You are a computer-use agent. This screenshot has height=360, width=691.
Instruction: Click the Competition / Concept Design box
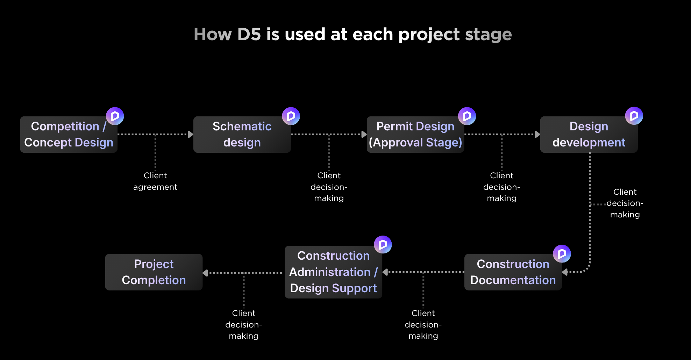coord(69,135)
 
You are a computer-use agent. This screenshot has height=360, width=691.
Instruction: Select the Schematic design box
coord(242,135)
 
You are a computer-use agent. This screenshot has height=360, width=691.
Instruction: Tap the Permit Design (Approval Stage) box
coord(415,135)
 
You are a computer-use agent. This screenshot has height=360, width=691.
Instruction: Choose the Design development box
coord(589,135)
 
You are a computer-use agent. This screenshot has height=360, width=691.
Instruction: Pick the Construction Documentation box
coord(513,272)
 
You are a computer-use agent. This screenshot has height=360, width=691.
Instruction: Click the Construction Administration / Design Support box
coord(333,272)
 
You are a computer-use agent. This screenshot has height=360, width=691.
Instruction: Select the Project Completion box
coord(154,272)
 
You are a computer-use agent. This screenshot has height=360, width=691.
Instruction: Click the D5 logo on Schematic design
coord(291,116)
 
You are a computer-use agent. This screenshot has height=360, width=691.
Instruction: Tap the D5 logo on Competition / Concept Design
coord(115,116)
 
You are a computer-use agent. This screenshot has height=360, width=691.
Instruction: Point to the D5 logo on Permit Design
coord(467,116)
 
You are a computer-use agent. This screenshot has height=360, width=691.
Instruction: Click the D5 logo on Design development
coord(634,116)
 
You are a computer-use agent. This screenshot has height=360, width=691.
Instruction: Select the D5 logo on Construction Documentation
coord(562,253)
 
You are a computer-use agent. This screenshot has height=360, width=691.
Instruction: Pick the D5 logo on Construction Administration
coord(383,244)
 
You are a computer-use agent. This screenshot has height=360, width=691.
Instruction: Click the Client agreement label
coord(155,181)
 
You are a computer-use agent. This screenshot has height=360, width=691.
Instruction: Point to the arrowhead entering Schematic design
coord(191,134)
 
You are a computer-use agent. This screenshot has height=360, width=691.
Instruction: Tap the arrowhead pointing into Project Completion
coord(205,273)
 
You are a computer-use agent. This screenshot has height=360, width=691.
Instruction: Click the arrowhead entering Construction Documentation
coord(565,272)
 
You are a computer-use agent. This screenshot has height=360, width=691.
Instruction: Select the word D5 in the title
coord(249,34)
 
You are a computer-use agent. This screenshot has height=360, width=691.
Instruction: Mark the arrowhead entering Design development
coord(537,134)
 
